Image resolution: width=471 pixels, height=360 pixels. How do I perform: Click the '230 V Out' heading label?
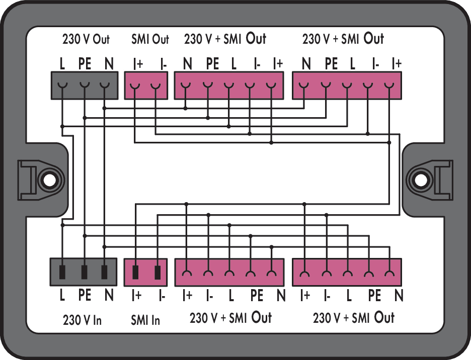pos(86,39)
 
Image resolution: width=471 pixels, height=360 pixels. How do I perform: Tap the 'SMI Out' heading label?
pos(150,39)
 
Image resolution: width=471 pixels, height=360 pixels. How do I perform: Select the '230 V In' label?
pos(83,320)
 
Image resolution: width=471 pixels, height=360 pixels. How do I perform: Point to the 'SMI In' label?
pos(145,320)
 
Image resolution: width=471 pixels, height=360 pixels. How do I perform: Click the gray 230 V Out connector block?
pos(84,85)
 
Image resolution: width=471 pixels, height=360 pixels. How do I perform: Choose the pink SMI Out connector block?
pos(145,85)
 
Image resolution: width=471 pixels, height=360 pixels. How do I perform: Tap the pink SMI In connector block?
pos(145,272)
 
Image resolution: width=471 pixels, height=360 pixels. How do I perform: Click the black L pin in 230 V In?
pos(63,272)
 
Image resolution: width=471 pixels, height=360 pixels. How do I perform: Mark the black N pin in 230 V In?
pos(104,272)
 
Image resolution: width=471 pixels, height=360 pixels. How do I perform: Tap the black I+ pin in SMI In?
pos(135,272)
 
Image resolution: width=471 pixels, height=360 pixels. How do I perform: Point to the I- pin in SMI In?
pos(158,272)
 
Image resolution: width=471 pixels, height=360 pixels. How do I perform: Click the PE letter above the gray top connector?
pos(85,64)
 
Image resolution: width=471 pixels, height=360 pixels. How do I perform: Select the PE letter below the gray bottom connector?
pos(85,296)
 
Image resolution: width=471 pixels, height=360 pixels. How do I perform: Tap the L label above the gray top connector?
pos(62,64)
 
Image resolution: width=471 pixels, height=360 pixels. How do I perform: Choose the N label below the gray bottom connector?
pos(109,296)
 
